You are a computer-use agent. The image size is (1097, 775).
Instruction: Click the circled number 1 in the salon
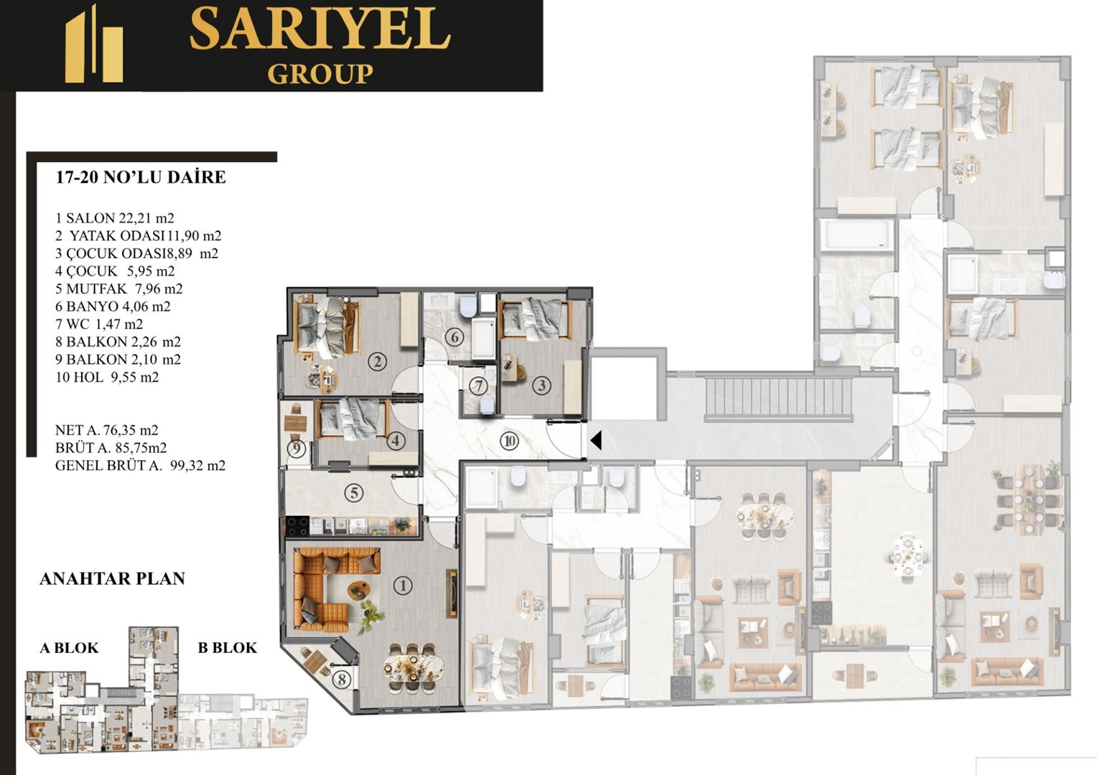[403, 586]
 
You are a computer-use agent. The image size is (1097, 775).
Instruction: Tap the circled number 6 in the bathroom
[454, 337]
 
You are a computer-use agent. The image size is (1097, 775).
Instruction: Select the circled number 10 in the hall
[509, 441]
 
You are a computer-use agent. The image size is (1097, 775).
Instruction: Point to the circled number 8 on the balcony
[341, 680]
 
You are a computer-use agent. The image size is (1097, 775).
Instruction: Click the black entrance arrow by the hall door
[596, 441]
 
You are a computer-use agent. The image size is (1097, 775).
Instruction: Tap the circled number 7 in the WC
[478, 386]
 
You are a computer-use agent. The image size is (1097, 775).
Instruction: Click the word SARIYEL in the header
[320, 29]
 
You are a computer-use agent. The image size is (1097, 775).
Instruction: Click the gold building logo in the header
[94, 44]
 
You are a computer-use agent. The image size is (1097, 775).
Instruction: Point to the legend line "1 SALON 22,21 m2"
[115, 218]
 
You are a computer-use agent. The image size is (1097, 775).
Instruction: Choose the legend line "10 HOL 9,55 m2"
[107, 377]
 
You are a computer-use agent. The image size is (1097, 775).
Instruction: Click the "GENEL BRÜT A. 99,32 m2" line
[140, 465]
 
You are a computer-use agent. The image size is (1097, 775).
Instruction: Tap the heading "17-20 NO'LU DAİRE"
[141, 177]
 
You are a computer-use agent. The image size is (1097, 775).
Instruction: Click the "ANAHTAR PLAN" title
[112, 578]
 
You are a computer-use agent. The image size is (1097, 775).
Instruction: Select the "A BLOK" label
[69, 648]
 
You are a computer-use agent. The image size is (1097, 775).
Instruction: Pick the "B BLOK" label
[228, 648]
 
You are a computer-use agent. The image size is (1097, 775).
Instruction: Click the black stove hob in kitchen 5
[297, 526]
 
